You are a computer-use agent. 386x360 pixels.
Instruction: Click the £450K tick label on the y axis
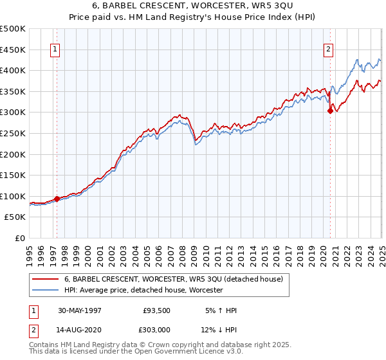[13, 50]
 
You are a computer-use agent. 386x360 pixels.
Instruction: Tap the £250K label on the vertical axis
[13, 133]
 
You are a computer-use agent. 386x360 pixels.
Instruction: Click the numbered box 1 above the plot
[55, 49]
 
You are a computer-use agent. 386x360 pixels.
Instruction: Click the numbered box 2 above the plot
[328, 49]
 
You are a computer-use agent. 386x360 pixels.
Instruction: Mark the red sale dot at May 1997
[57, 199]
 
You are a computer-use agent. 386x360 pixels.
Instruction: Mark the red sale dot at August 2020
[330, 111]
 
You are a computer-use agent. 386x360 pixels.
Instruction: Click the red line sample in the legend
[45, 279]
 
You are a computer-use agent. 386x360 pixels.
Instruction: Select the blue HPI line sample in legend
[45, 291]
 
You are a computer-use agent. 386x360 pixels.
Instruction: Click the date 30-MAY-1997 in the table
[80, 310]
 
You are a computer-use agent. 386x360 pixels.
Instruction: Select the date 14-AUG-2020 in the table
[80, 329]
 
